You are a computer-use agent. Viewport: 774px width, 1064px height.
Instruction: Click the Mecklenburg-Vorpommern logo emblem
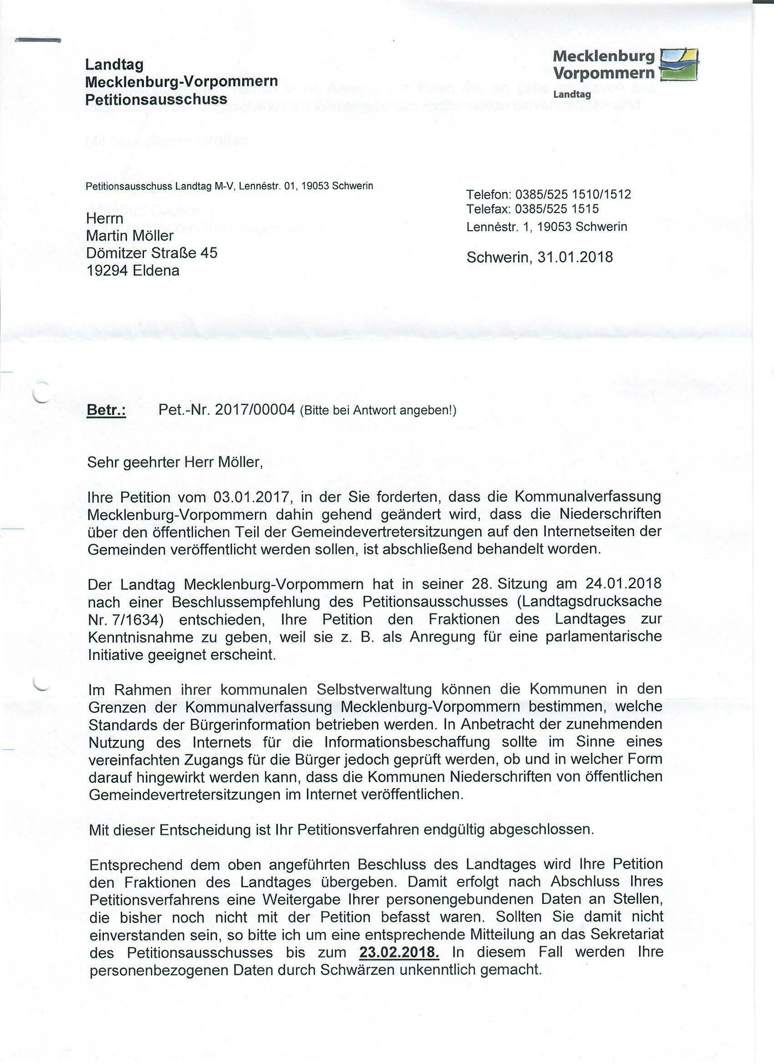coord(679,65)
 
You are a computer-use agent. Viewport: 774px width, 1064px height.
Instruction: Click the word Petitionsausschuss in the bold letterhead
coord(156,100)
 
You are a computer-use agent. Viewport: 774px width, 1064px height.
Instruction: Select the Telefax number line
coord(532,209)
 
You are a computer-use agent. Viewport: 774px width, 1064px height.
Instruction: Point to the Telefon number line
coord(548,194)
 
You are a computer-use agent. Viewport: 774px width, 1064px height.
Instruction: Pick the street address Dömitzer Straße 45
coord(152,253)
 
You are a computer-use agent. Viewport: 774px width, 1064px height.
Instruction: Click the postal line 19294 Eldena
coord(133,271)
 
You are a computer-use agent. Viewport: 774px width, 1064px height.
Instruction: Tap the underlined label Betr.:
coord(106,410)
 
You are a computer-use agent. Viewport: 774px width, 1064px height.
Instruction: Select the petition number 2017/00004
coord(254,410)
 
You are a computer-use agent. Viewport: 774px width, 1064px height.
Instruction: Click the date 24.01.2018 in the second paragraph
coord(623,583)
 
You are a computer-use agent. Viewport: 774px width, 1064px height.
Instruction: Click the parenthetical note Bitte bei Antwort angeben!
coord(378,411)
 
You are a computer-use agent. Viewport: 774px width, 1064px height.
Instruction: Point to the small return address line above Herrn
coord(229,186)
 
